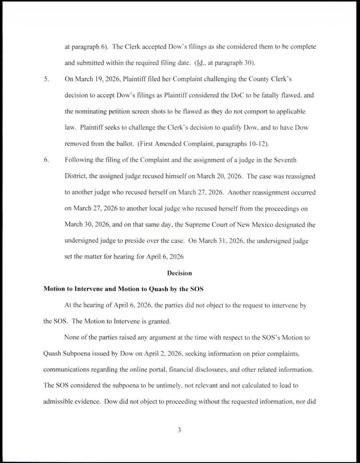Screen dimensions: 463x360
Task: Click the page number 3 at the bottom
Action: click(x=179, y=430)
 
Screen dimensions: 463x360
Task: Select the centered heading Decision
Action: click(x=179, y=273)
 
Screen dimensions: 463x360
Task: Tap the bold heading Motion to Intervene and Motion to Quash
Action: click(x=123, y=289)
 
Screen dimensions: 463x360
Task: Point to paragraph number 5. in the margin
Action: click(x=46, y=79)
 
